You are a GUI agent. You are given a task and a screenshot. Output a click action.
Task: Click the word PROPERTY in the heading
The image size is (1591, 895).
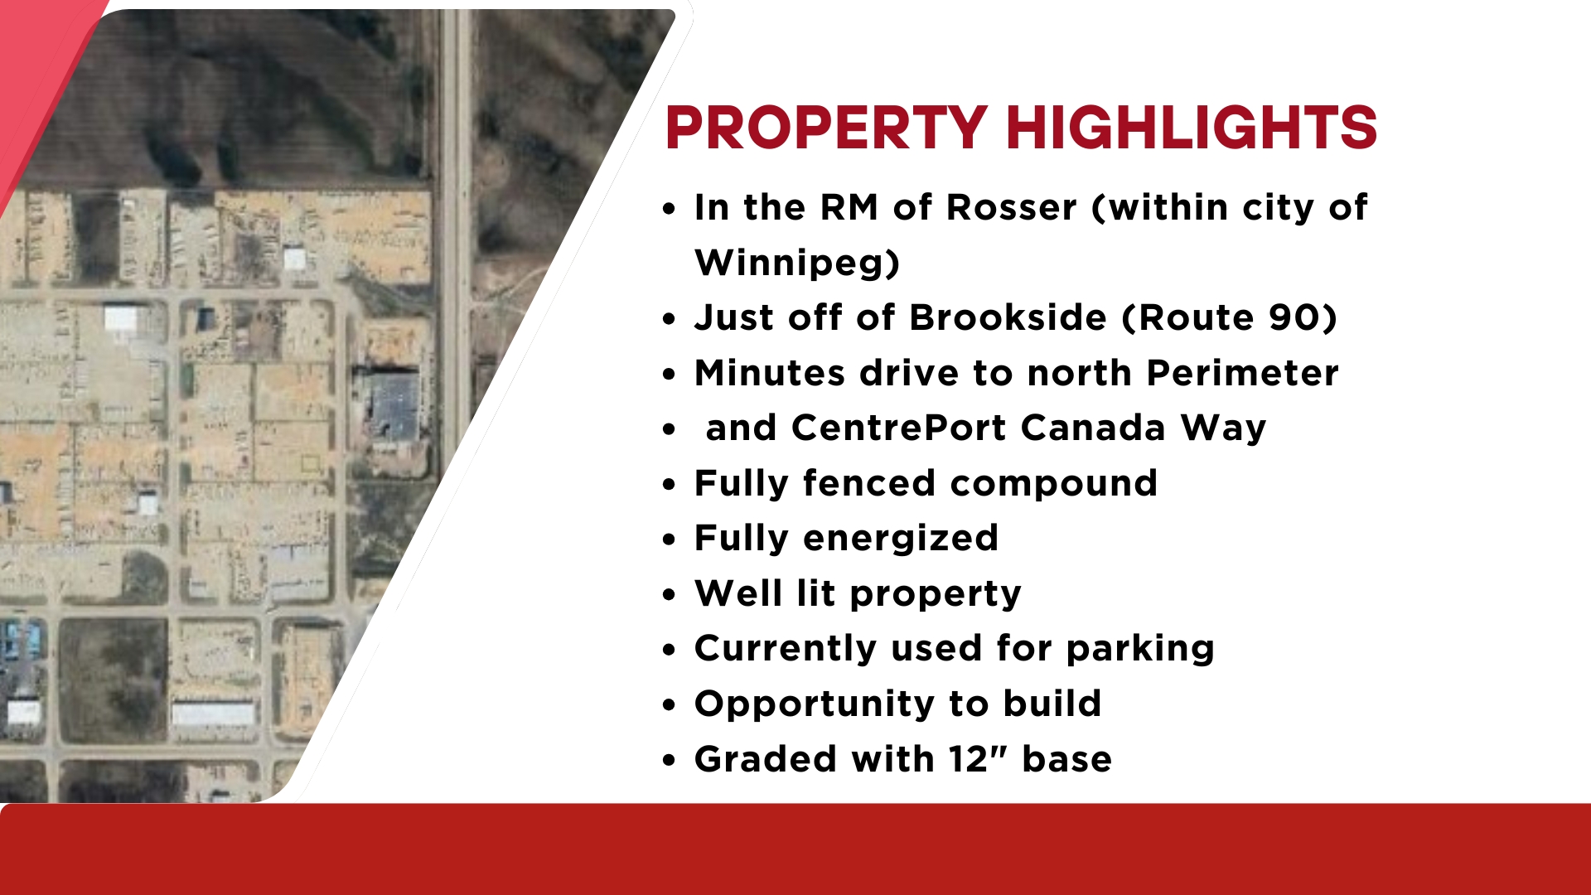point(826,128)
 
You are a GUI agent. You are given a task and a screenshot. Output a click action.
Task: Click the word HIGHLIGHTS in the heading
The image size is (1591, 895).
point(1192,128)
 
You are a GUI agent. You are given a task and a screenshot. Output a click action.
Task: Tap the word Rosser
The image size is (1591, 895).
point(1012,207)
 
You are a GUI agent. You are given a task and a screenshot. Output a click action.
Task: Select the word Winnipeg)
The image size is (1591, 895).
point(797,263)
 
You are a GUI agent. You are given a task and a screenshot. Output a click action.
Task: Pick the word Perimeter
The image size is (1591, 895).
point(1243,373)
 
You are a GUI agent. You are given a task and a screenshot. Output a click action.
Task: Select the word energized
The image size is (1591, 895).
point(901,539)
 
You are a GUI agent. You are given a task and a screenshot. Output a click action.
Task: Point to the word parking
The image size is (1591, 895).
point(1140,649)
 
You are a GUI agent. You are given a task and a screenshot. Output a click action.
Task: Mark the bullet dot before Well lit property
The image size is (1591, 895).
point(670,595)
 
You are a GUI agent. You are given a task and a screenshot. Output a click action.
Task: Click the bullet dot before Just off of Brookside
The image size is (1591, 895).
point(670,319)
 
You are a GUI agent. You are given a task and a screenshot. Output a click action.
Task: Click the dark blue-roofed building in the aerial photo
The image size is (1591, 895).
point(395,406)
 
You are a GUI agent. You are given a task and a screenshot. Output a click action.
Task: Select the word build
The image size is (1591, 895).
point(1052,704)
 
